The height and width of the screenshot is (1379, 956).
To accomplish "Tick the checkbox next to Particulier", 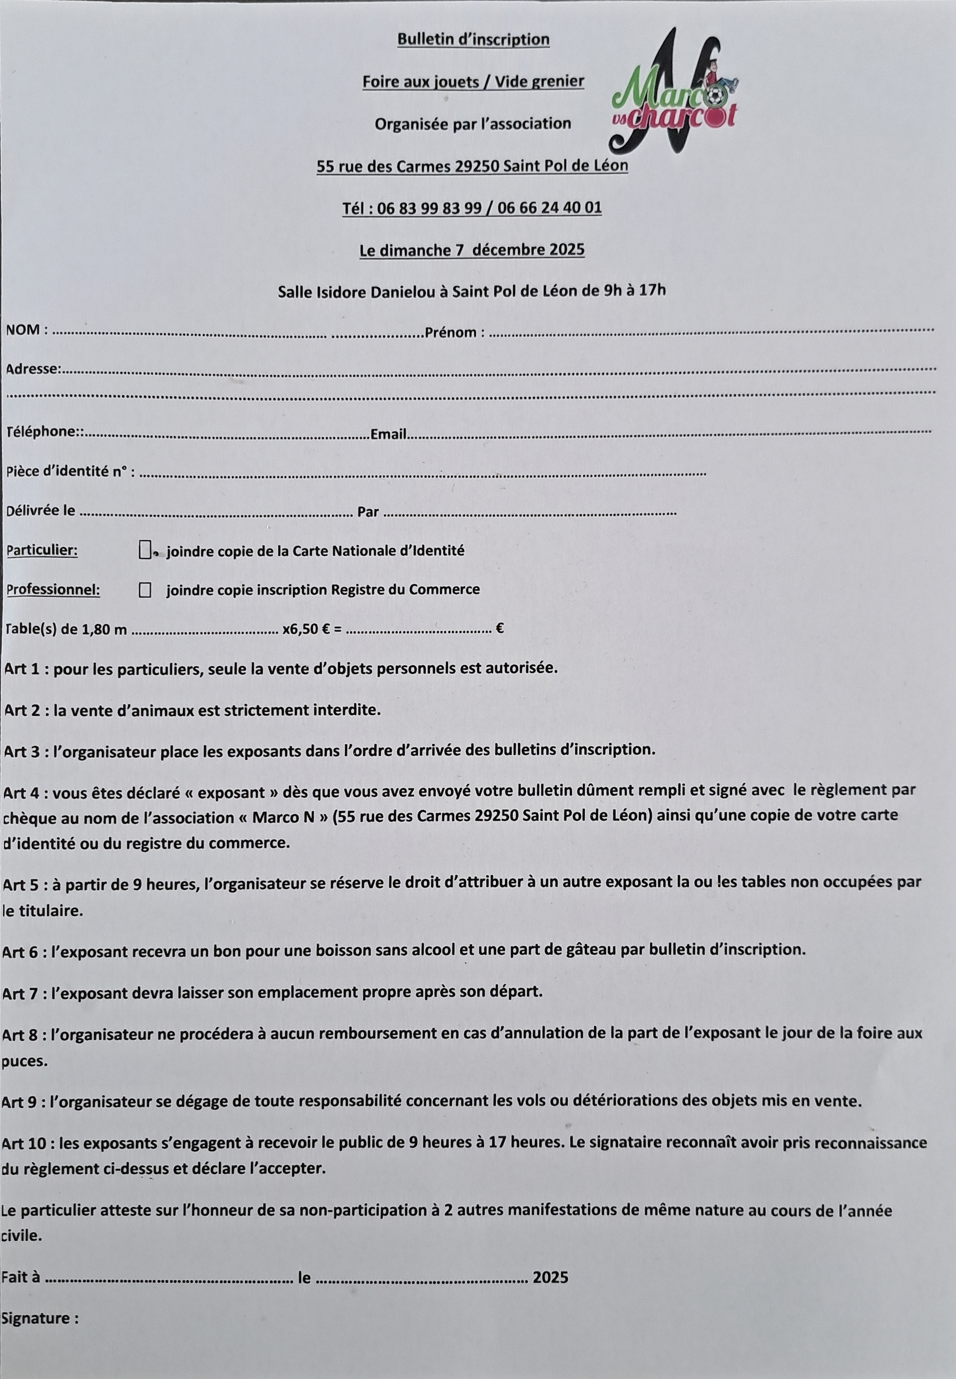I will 144,550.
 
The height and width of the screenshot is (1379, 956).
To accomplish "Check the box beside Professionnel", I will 144,590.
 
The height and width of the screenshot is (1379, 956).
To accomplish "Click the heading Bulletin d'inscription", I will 473,40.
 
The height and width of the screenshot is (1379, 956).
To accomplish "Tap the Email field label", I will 388,434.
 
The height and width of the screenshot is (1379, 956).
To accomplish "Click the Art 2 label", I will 24,710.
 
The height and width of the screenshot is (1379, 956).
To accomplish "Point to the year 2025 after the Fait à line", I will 550,1277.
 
